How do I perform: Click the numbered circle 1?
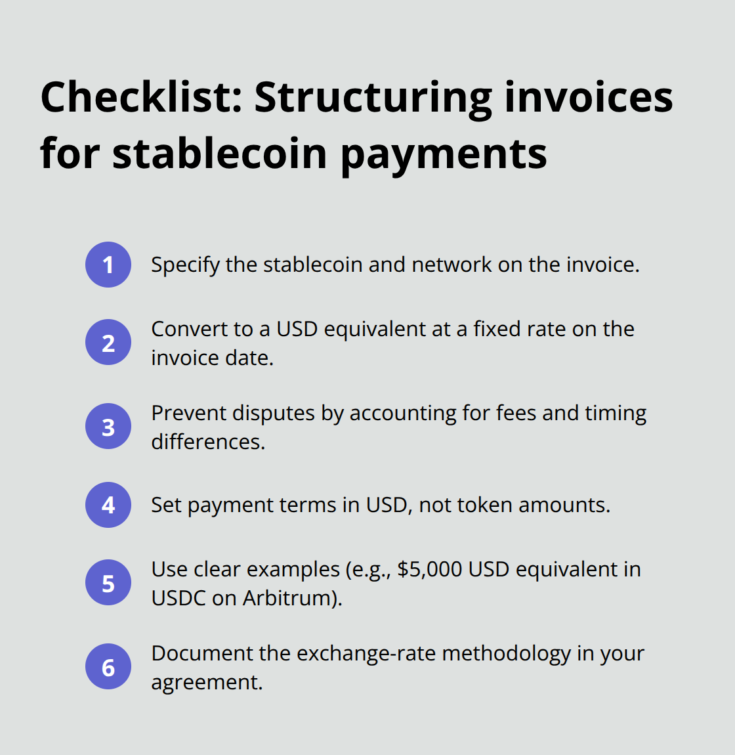[x=108, y=265]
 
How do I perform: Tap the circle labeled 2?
[x=108, y=342]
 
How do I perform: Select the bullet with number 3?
[x=108, y=426]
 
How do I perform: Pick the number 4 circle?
[x=108, y=505]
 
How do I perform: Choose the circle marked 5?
[x=108, y=582]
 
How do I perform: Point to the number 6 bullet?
[x=108, y=666]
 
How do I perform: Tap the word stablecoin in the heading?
[x=220, y=154]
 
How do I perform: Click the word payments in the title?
[x=444, y=155]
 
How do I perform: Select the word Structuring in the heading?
[x=373, y=98]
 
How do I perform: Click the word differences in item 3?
[x=207, y=442]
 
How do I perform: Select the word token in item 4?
[x=484, y=505]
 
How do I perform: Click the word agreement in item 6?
[x=206, y=683]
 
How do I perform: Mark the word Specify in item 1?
[x=185, y=265]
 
